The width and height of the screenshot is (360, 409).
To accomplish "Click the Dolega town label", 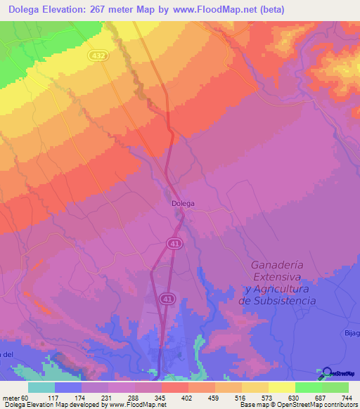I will pyautogui.click(x=183, y=204).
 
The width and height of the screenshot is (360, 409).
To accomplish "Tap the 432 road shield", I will pyautogui.click(x=98, y=54).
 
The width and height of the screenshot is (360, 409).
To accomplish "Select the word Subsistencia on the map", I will pyautogui.click(x=278, y=300).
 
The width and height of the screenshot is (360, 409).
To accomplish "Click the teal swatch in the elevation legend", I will pyautogui.click(x=41, y=387).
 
